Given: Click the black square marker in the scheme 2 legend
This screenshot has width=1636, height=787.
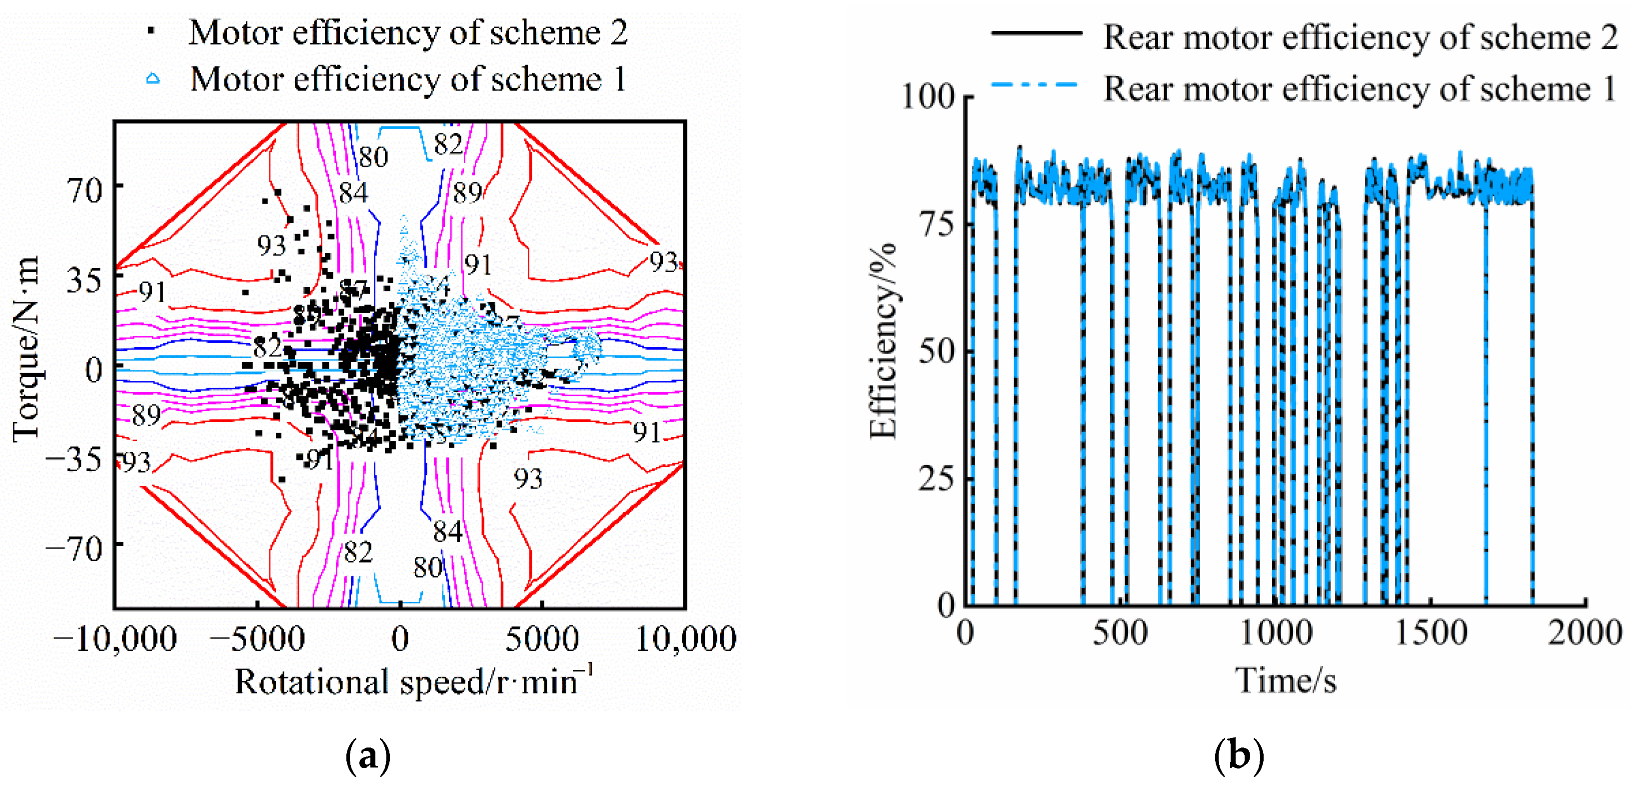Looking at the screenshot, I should [x=150, y=30].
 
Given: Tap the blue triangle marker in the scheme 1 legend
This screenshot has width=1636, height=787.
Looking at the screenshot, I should [x=152, y=79].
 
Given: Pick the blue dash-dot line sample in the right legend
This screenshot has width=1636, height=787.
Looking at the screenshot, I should [x=1036, y=84].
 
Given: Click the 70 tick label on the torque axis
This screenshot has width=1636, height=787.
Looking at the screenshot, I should [x=84, y=190].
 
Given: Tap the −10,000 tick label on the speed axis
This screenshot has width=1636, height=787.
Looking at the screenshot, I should [x=115, y=638].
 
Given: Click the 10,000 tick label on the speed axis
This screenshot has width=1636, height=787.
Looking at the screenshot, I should [x=686, y=638].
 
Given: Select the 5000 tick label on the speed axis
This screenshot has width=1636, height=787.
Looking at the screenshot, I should [x=542, y=638].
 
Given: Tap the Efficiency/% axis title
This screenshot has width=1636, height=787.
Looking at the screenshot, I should [x=883, y=340].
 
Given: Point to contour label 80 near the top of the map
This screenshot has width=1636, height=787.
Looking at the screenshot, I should [x=373, y=157].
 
